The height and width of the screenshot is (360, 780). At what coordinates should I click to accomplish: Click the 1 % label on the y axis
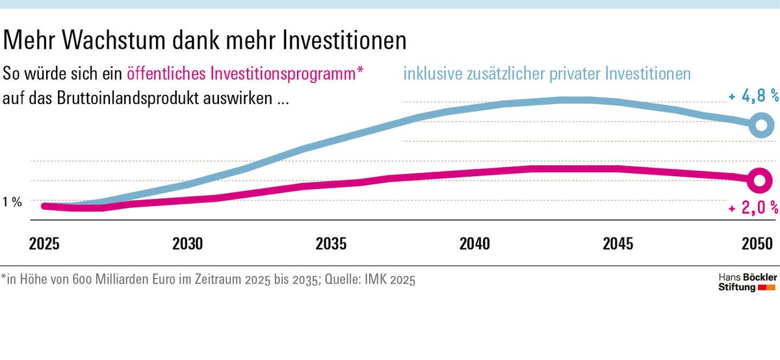tap(12, 202)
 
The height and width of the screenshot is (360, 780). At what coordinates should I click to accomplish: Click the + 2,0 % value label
tap(753, 209)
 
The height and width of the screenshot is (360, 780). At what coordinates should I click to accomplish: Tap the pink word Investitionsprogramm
tap(282, 74)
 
